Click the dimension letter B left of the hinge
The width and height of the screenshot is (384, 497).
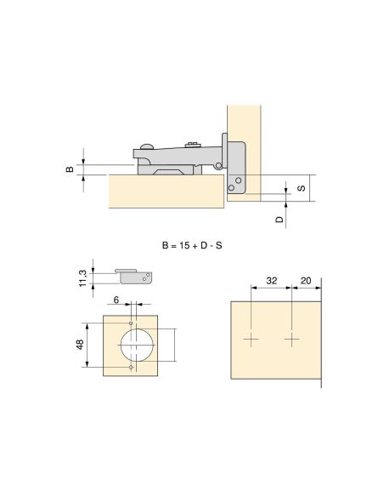(70, 169)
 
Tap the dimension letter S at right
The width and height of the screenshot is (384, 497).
(302, 188)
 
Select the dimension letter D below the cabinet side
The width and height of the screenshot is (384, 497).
(280, 220)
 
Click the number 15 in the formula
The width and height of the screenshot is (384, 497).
(184, 245)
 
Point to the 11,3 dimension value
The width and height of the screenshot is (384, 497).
(82, 278)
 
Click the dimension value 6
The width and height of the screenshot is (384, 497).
(116, 300)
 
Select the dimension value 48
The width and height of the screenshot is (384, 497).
(80, 345)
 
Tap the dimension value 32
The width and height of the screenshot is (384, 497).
(271, 281)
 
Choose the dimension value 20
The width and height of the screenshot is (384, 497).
(306, 281)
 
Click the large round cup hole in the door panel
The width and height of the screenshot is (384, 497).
(137, 346)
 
